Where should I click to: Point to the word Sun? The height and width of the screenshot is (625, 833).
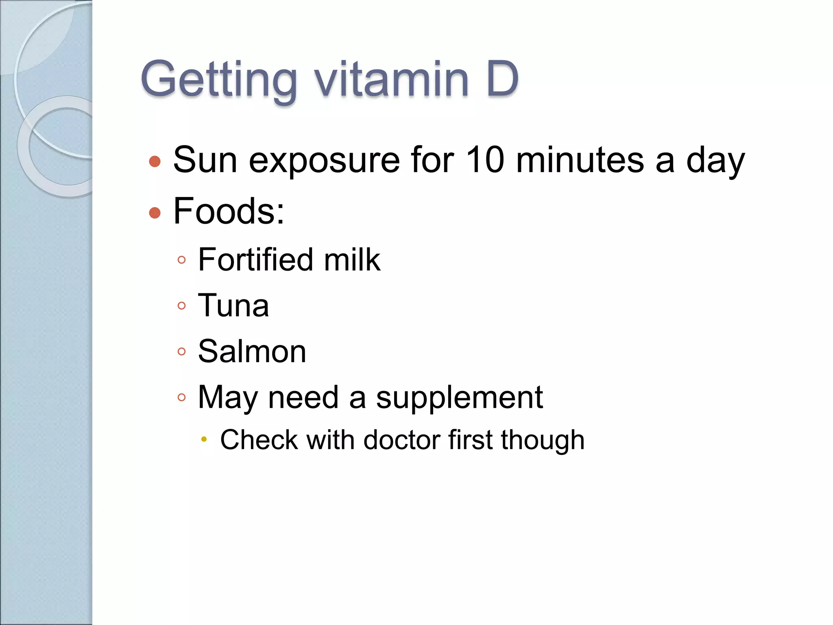click(205, 160)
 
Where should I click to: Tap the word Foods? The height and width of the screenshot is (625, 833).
click(229, 211)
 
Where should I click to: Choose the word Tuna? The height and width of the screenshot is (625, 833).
click(233, 306)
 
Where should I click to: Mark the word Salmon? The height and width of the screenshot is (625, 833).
click(252, 351)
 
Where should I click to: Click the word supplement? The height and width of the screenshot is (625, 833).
click(459, 398)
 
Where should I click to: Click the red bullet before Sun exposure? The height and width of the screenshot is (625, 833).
click(155, 162)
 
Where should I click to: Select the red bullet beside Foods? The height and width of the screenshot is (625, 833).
click(155, 212)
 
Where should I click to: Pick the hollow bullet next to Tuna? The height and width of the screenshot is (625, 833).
click(182, 306)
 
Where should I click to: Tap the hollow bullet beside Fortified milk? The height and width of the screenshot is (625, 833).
click(182, 260)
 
